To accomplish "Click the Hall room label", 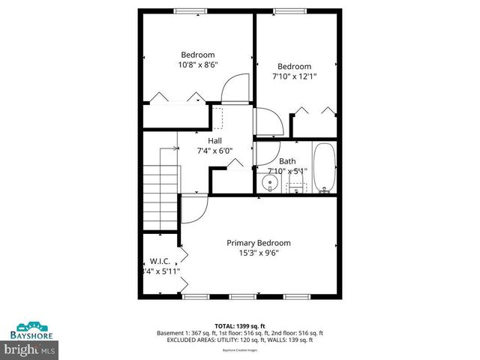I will tap(214, 140).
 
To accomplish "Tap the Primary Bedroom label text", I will tap(259, 243).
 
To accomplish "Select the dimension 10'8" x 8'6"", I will tap(197, 65).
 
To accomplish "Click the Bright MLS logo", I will tap(30, 349).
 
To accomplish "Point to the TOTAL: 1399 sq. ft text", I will tap(240, 325).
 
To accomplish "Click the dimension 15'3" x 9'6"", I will tap(259, 253).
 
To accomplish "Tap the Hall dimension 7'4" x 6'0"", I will tap(214, 151).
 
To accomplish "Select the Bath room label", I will tap(287, 161).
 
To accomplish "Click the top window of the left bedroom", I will tap(190, 10).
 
